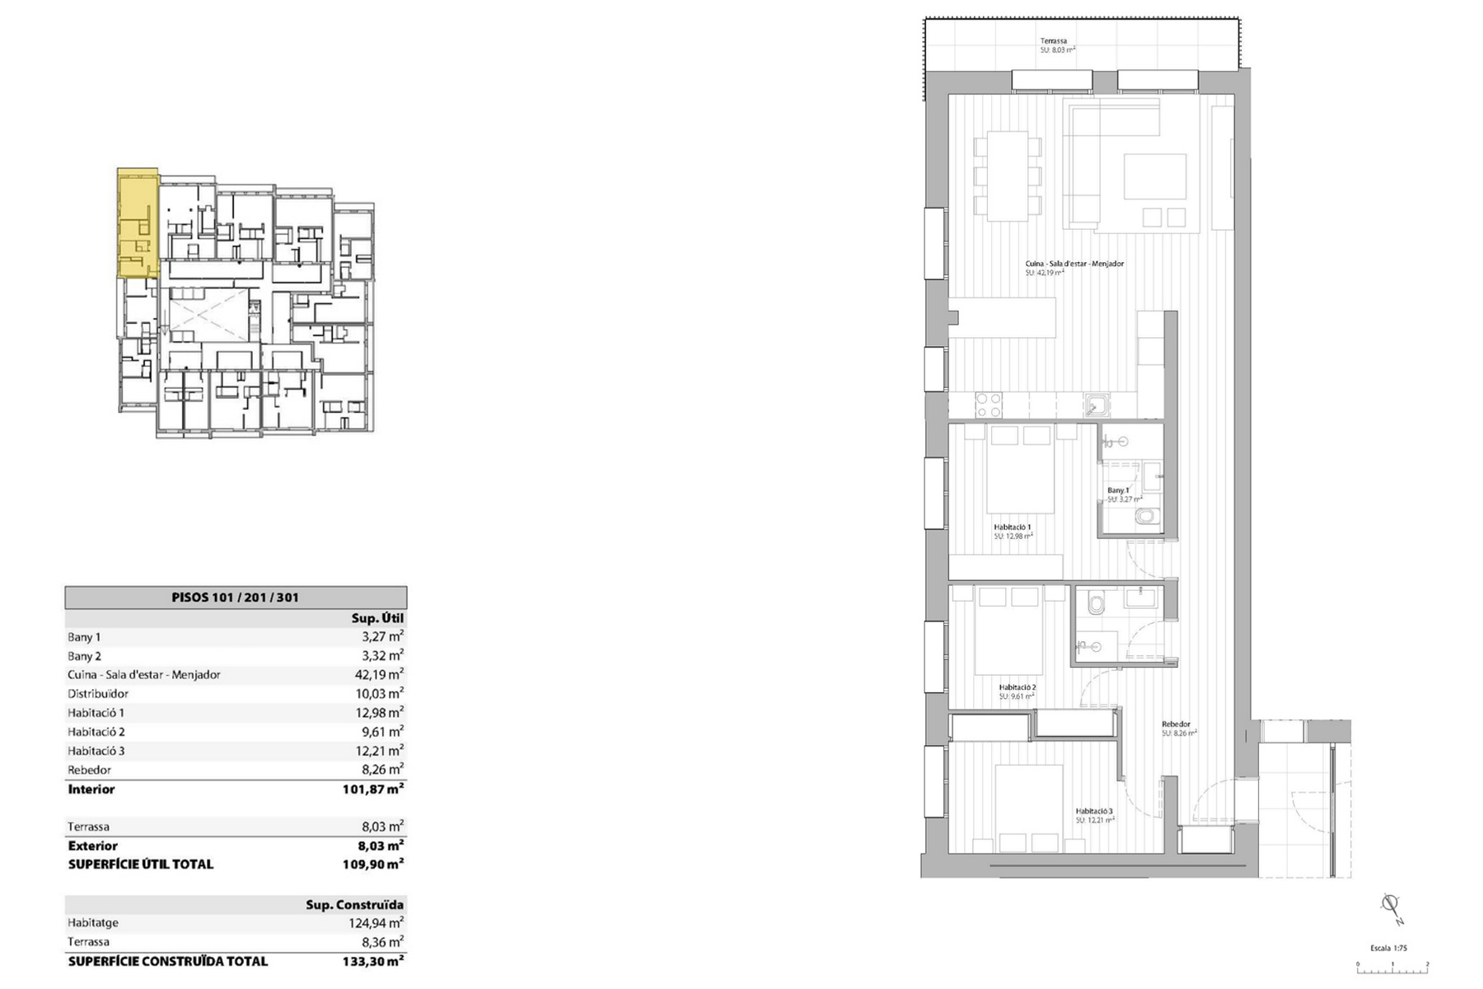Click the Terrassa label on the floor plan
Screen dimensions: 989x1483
(1053, 41)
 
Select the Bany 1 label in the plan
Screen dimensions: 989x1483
(1118, 490)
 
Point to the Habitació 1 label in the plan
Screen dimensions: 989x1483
(1012, 527)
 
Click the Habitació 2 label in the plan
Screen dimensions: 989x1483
(1017, 687)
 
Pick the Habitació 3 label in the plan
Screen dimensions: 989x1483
(1093, 811)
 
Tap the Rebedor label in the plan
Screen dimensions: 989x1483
(1176, 724)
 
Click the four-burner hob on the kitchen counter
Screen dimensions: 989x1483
(988, 404)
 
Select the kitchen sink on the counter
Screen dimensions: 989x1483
(1097, 405)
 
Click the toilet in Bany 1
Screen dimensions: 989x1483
(1146, 517)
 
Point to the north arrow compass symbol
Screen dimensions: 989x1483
(1391, 907)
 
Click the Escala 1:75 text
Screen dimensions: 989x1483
(1388, 948)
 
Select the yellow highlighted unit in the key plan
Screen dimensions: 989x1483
(137, 223)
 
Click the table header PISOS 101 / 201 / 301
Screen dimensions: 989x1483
(235, 598)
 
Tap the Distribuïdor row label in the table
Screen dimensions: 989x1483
(98, 694)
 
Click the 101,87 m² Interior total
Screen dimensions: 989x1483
(372, 789)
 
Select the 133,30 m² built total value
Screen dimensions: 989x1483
(372, 961)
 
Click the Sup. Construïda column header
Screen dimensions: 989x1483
(354, 904)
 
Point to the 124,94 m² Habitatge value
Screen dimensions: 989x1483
(376, 923)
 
